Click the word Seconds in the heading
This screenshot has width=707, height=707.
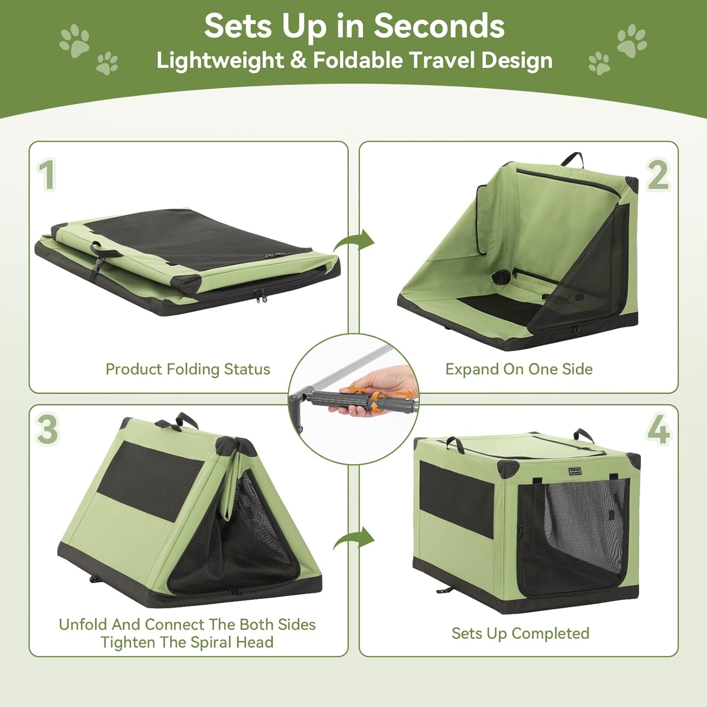439,26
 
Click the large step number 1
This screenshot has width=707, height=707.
47,175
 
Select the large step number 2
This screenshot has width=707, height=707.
658,175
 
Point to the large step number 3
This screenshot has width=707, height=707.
47,429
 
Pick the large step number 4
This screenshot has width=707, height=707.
658,429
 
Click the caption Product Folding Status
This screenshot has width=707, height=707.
188,369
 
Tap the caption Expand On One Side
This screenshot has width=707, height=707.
519,369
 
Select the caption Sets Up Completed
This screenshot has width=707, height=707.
520,633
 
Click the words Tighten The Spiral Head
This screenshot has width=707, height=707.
187,642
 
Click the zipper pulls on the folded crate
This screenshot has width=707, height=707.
260,297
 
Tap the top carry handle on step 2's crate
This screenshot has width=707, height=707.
573,159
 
